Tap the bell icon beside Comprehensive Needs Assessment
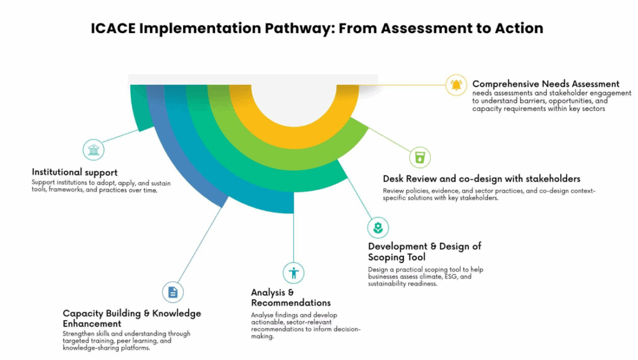(457, 85)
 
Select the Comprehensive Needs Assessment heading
(546, 83)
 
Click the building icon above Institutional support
(93, 150)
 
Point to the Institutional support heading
(75, 172)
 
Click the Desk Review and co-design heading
(482, 179)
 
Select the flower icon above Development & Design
(378, 227)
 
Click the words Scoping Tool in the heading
(396, 257)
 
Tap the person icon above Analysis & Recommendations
(293, 272)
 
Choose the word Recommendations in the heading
(291, 303)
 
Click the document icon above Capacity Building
(173, 291)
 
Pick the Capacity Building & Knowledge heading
(132, 313)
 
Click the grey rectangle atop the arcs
(252, 79)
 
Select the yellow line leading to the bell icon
(411, 84)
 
